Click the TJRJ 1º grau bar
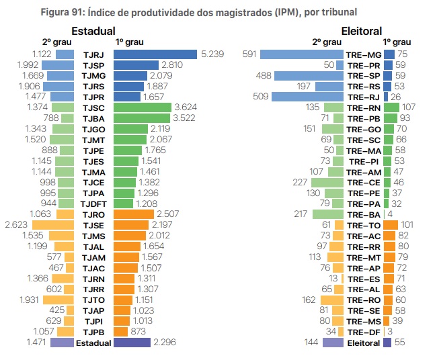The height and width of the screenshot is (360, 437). (x=155, y=54)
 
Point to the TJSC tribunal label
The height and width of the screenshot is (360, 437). (x=93, y=107)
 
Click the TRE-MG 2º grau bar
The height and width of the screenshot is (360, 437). (x=302, y=54)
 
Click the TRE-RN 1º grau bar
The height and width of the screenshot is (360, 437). (x=391, y=107)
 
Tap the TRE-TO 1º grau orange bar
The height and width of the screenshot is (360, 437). (x=390, y=224)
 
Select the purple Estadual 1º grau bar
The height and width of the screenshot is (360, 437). (x=132, y=343)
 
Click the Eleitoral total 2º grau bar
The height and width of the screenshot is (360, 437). (x=333, y=343)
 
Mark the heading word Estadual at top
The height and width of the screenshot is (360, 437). (x=93, y=31)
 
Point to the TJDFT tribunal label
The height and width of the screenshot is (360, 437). (x=93, y=204)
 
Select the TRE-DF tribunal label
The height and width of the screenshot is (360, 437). (x=363, y=331)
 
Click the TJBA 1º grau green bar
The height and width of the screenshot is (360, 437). (x=142, y=118)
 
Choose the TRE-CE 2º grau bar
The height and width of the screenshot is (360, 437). (x=327, y=182)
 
